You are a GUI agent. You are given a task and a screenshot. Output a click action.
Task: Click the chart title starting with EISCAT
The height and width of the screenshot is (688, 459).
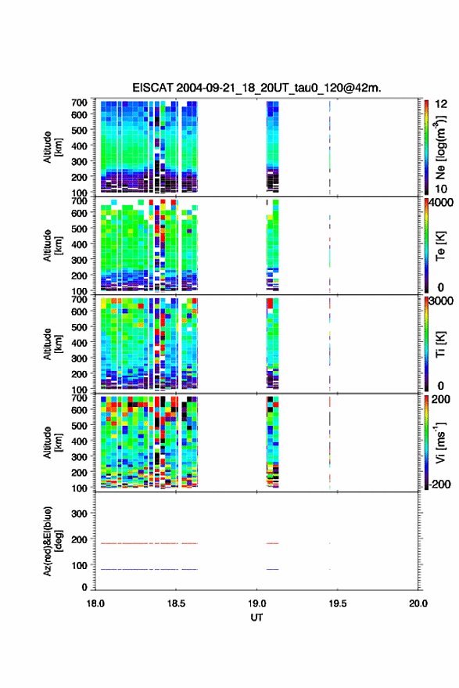tap(256, 88)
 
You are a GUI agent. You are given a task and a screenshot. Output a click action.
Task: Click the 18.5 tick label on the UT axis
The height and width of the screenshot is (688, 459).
tap(176, 603)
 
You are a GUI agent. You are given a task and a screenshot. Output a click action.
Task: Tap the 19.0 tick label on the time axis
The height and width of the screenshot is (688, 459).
tap(256, 603)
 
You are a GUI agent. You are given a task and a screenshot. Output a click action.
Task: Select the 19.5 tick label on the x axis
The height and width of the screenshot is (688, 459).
tap(337, 603)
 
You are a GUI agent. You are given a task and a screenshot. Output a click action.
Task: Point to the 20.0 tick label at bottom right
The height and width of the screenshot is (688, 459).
tap(418, 603)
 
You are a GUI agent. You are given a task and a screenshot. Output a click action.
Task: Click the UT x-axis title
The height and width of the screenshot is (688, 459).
tap(256, 618)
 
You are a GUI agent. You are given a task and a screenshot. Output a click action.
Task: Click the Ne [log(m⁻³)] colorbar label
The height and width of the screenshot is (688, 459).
tap(440, 147)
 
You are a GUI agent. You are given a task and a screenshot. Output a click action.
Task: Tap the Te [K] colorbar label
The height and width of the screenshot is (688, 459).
tap(440, 246)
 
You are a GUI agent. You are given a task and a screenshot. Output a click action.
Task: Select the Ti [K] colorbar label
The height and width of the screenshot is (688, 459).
tap(440, 344)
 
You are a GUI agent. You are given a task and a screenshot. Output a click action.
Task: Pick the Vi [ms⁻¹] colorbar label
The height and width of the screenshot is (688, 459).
tap(440, 442)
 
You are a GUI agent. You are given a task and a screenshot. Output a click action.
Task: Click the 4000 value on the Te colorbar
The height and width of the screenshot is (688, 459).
tap(440, 203)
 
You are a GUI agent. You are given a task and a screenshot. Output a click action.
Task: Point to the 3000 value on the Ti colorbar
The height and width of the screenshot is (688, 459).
tap(440, 301)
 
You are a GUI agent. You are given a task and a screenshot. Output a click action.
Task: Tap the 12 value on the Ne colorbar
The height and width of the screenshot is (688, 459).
tap(441, 104)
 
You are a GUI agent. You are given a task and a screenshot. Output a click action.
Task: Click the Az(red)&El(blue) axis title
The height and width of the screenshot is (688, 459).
tap(52, 541)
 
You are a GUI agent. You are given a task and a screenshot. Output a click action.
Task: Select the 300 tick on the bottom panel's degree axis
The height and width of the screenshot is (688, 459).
tap(79, 513)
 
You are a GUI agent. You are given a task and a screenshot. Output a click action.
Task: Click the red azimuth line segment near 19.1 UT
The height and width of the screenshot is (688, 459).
tap(272, 543)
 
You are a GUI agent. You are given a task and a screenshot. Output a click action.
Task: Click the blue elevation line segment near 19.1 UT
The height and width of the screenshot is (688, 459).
tap(272, 569)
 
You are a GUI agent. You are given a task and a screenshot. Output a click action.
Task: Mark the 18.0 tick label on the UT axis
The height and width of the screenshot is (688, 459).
tap(95, 603)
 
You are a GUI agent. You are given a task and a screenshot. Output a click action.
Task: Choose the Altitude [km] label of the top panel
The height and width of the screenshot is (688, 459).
tap(52, 147)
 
